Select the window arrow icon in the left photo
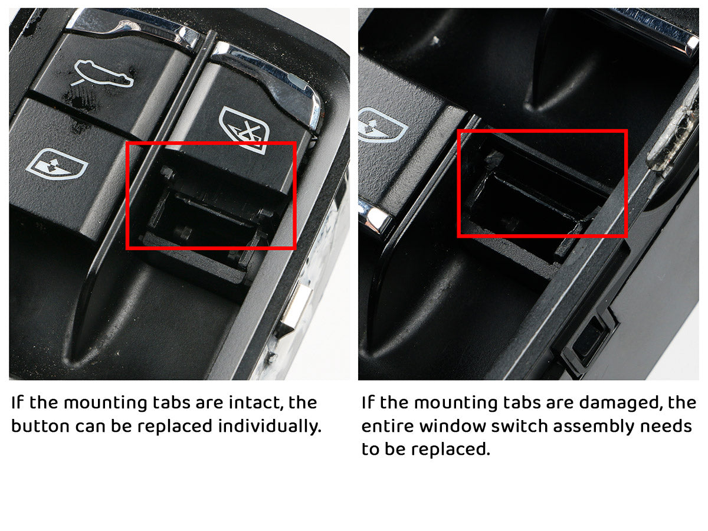[56, 166]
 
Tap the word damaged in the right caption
[613, 403]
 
